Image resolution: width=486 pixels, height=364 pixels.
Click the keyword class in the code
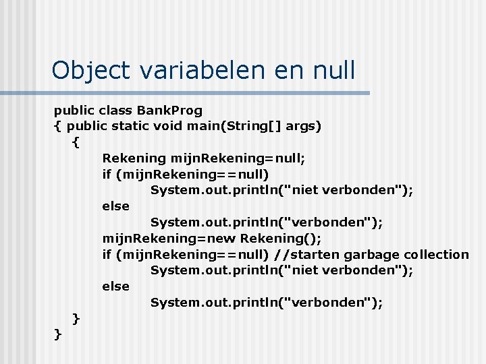tap(115, 110)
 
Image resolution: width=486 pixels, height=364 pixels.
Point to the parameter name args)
tap(304, 126)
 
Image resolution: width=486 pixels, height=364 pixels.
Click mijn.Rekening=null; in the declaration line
tap(238, 158)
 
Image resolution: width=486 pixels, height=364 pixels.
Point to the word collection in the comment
tap(436, 255)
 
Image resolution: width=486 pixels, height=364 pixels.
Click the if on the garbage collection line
tap(107, 255)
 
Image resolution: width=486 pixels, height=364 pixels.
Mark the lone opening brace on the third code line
tap(76, 142)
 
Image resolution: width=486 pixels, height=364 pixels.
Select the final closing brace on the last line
tap(57, 334)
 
